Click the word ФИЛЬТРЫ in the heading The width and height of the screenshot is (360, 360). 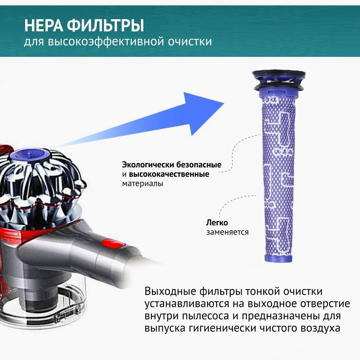(105, 25)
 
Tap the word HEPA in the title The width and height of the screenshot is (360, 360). (44, 25)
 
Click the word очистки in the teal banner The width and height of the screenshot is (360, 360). (190, 41)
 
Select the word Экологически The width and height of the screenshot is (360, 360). (148, 165)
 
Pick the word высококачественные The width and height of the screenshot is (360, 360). (169, 174)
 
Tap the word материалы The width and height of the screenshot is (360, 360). (143, 184)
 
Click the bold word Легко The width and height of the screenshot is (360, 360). (217, 222)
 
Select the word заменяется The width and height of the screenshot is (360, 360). (227, 232)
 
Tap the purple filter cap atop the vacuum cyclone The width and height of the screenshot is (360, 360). (30, 154)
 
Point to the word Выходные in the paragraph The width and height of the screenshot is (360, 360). (170, 292)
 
